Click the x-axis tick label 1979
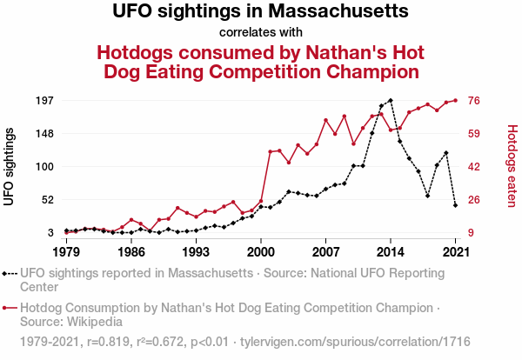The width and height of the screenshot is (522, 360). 66,252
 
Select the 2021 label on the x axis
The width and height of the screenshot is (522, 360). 456,252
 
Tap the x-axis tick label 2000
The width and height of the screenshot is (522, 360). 261,252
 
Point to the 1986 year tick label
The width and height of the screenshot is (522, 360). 131,252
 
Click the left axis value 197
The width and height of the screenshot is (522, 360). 43,101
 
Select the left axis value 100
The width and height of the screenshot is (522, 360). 43,167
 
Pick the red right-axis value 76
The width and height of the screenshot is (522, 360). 475,101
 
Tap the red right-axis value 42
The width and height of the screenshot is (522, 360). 475,167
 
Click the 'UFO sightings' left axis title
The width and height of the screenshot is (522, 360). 10,167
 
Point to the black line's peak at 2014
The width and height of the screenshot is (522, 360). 391,101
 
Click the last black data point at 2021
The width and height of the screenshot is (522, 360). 456,205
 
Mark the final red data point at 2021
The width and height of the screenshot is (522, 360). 456,100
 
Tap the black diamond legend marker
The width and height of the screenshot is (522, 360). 7,273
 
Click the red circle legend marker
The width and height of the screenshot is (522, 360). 7,308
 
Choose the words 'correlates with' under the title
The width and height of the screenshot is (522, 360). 261,33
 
